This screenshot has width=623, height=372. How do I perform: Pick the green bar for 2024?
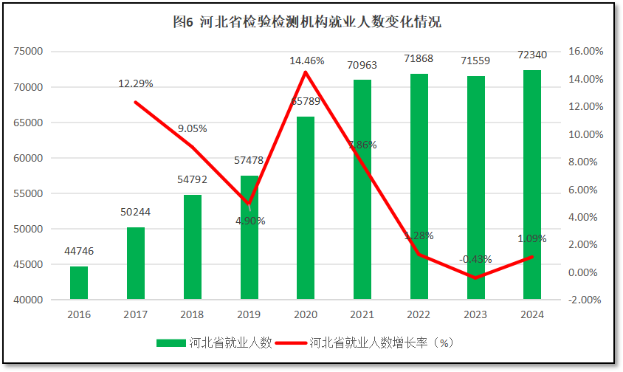click(x=532, y=185)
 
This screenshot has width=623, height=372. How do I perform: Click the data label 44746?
click(x=79, y=251)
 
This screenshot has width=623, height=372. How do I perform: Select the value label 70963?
click(x=362, y=65)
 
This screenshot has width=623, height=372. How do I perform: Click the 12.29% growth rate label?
click(x=136, y=83)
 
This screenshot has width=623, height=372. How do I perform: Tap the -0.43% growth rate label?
click(x=475, y=259)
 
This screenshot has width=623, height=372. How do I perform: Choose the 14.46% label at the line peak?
click(x=306, y=61)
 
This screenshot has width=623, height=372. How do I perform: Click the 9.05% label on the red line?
click(x=193, y=128)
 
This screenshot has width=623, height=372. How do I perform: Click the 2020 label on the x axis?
click(x=306, y=314)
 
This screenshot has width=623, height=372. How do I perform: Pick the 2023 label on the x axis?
click(x=475, y=314)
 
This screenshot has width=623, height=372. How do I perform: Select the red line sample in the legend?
click(x=290, y=342)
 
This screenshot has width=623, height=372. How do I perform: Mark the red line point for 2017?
click(x=136, y=103)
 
